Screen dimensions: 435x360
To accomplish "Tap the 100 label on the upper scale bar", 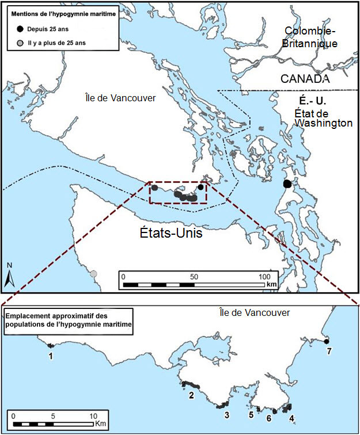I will [264, 276].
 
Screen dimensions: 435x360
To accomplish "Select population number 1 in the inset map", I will [51, 357].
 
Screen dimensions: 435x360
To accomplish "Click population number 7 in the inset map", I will [329, 350].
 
